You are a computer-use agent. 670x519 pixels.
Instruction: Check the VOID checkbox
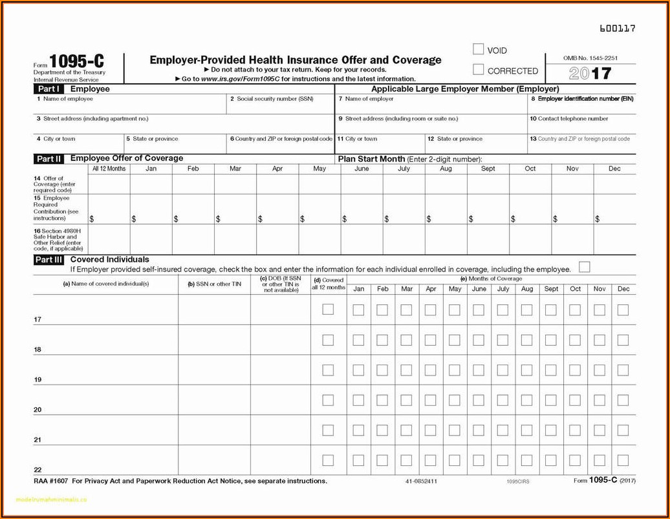pyautogui.click(x=479, y=49)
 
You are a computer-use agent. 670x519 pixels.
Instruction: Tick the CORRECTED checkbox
pyautogui.click(x=479, y=70)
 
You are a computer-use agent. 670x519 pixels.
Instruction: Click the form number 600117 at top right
pyautogui.click(x=617, y=28)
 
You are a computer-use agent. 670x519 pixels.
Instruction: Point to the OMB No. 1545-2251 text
pyautogui.click(x=590, y=58)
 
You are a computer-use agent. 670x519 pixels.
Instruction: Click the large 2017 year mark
pyautogui.click(x=590, y=74)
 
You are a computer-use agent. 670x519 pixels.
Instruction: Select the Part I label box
pyautogui.click(x=49, y=89)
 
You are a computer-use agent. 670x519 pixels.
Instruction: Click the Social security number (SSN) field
pyautogui.click(x=279, y=105)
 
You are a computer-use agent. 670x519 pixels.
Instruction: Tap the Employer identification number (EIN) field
pyautogui.click(x=581, y=105)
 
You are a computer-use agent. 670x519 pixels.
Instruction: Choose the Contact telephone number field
pyautogui.click(x=581, y=124)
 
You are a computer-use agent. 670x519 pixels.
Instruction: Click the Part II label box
pyautogui.click(x=49, y=158)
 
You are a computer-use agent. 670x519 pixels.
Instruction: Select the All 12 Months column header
pyautogui.click(x=109, y=169)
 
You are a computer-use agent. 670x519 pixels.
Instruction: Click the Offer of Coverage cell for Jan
pyautogui.click(x=151, y=184)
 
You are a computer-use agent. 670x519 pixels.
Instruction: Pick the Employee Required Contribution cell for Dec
pyautogui.click(x=614, y=209)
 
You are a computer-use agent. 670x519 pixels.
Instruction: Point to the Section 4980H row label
pyautogui.click(x=59, y=239)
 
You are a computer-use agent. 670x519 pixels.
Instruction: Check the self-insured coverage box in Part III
pyautogui.click(x=585, y=267)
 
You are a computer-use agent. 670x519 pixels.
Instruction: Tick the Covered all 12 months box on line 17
pyautogui.click(x=328, y=310)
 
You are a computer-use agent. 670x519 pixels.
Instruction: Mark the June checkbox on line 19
pyautogui.click(x=478, y=370)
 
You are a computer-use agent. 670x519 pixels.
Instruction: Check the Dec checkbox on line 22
pyautogui.click(x=623, y=460)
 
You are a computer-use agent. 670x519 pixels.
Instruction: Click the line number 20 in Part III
pyautogui.click(x=38, y=410)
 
